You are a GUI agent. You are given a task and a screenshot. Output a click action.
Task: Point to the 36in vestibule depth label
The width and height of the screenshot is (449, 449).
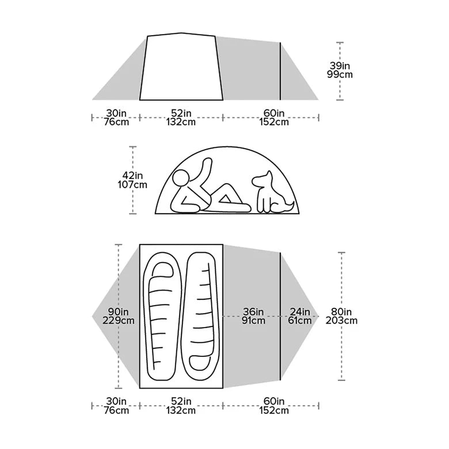(x=253, y=311)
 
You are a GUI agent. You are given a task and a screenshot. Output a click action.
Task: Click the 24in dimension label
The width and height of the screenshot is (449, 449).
(x=299, y=311)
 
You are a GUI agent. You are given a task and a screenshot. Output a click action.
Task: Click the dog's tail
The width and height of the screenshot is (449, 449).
(x=291, y=205)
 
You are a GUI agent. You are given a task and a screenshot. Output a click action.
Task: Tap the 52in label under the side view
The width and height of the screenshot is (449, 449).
(x=180, y=113)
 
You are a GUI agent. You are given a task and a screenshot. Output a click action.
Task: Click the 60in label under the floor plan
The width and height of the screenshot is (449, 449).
(x=274, y=401)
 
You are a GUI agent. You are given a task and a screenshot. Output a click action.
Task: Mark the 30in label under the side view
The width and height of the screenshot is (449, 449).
(x=116, y=113)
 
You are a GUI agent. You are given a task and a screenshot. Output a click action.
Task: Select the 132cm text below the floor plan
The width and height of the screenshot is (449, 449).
(x=180, y=410)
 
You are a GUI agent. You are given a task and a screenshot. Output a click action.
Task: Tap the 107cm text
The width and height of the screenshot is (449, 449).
(x=132, y=185)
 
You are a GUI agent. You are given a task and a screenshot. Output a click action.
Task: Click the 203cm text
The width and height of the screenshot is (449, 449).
(x=341, y=321)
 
